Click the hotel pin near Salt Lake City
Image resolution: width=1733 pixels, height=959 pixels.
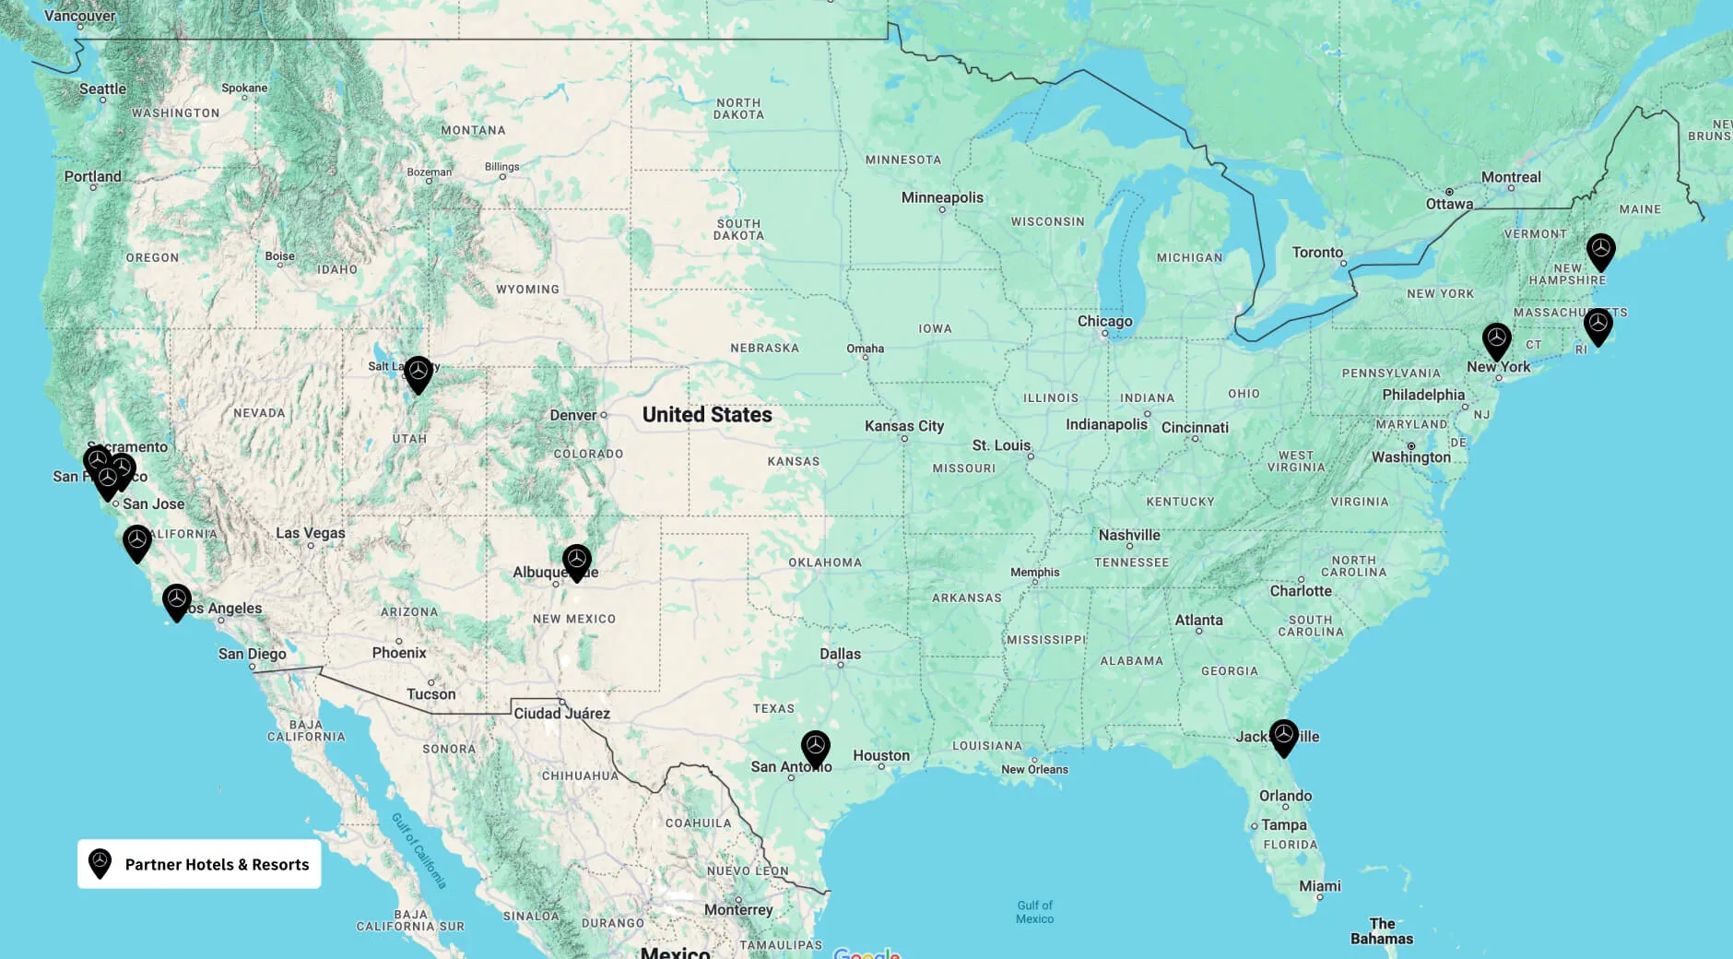419,373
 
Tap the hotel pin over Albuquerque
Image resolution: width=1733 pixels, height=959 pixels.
577,561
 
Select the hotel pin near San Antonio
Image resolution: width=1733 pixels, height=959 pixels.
816,748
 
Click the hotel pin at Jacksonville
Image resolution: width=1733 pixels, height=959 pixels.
1283,737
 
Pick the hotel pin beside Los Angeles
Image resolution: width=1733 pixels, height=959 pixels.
177,601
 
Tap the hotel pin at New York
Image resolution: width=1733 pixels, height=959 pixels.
1496,340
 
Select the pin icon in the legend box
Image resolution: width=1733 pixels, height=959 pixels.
100,863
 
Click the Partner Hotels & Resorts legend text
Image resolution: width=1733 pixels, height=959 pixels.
217,864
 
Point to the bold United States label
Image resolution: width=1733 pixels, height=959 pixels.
707,415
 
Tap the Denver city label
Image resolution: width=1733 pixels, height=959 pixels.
573,416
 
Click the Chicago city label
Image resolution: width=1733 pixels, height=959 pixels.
1104,321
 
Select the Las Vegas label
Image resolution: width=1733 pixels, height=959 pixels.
311,533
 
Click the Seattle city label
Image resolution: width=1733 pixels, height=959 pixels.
102,89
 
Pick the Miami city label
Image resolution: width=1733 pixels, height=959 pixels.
1320,886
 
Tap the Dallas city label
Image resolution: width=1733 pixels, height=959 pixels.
840,654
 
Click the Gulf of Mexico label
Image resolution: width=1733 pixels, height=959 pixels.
1034,912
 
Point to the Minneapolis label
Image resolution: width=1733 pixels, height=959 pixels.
942,197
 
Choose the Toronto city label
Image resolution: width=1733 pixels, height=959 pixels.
1317,252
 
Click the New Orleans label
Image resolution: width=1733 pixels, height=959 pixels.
1034,769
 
